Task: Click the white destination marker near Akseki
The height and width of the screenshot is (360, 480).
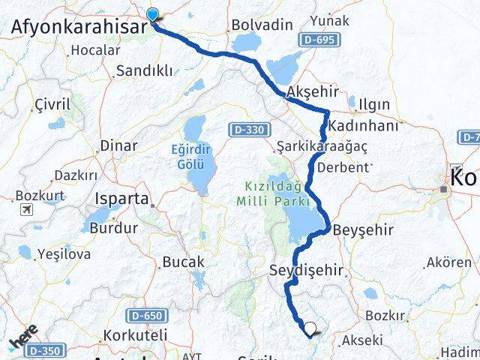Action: point(310,328)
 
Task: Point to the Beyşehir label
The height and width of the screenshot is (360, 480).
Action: point(362,229)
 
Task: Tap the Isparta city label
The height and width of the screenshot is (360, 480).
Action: point(121,201)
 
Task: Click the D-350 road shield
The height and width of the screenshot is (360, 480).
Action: point(49,349)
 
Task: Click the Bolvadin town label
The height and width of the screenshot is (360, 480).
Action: point(262,25)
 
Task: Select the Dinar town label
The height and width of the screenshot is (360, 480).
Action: point(118,145)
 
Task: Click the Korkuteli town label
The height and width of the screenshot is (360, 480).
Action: point(124,336)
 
